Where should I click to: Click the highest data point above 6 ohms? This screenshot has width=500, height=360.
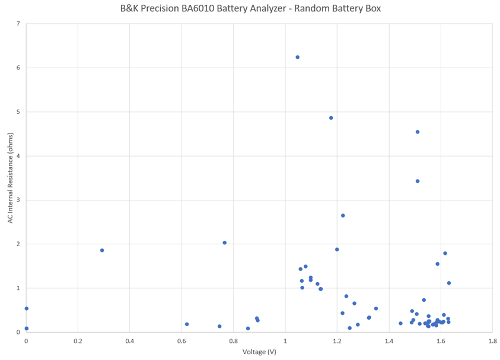(297, 57)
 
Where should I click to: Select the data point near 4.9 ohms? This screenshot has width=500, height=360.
(331, 117)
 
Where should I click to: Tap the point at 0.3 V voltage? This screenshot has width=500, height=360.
(102, 250)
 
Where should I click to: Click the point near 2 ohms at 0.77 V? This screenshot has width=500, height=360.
(225, 243)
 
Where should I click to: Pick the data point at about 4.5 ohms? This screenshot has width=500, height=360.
(418, 132)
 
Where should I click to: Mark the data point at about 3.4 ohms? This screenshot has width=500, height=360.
(418, 181)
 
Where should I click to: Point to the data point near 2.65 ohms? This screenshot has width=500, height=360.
(343, 215)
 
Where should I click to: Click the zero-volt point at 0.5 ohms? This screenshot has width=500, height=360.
(27, 308)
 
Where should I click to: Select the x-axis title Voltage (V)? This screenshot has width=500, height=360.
(259, 352)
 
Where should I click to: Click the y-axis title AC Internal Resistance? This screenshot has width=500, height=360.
(10, 178)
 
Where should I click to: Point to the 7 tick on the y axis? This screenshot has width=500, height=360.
(18, 24)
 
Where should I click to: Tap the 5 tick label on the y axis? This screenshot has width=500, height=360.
(18, 112)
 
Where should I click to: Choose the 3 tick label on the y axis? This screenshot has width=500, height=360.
(18, 200)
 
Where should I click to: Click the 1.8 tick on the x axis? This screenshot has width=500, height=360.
(492, 341)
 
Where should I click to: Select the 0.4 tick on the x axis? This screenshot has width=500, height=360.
(129, 341)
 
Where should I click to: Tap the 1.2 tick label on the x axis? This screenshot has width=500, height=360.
(337, 341)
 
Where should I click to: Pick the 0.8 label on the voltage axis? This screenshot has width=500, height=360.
(233, 341)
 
